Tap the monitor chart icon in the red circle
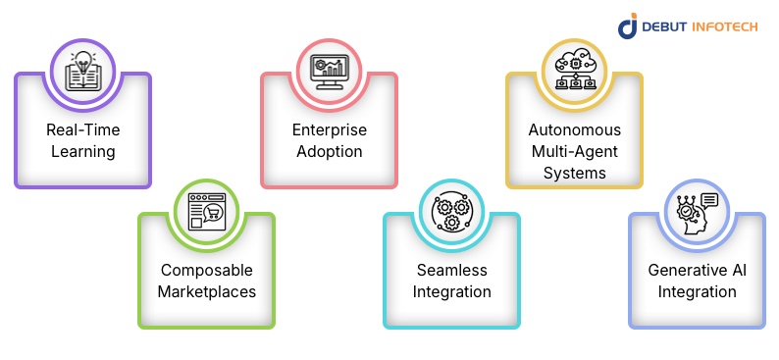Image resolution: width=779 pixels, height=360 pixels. pyautogui.click(x=329, y=70)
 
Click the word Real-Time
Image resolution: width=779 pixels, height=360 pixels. pyautogui.click(x=83, y=130)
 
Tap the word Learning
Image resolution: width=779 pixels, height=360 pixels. pyautogui.click(x=83, y=152)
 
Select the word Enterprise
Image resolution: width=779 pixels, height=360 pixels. pyautogui.click(x=329, y=130)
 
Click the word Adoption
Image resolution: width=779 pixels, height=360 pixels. pyautogui.click(x=329, y=152)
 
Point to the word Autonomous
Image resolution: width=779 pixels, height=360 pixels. pyautogui.click(x=574, y=130)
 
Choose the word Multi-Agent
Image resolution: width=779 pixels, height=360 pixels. pyautogui.click(x=574, y=152)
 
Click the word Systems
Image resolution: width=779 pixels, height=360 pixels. pyautogui.click(x=574, y=173)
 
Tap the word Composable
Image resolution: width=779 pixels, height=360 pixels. pyautogui.click(x=206, y=270)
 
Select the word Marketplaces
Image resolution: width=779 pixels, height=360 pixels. pyautogui.click(x=206, y=291)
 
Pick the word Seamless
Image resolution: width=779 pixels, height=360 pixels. pyautogui.click(x=451, y=270)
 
